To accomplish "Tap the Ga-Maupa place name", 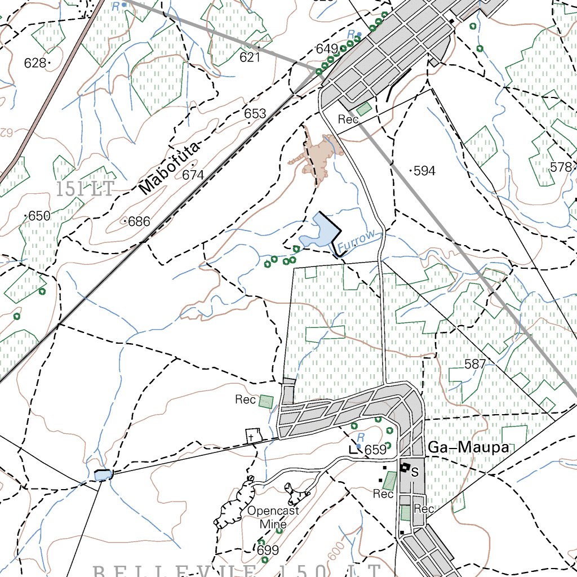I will (x=468, y=448).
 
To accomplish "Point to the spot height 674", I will (x=193, y=175).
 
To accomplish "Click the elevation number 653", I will (x=255, y=114).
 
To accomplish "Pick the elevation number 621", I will (x=250, y=57).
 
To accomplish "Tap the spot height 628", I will (x=35, y=63).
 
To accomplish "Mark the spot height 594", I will (x=424, y=171).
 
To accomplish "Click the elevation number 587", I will (x=475, y=365).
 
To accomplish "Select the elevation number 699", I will (x=268, y=550).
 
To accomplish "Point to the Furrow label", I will (x=356, y=241).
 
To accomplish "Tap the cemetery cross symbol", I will (x=253, y=436).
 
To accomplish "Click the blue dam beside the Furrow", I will (x=319, y=234).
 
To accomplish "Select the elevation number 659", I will (x=375, y=450).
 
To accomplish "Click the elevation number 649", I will (x=327, y=49).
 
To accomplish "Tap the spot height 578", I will (x=561, y=167).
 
